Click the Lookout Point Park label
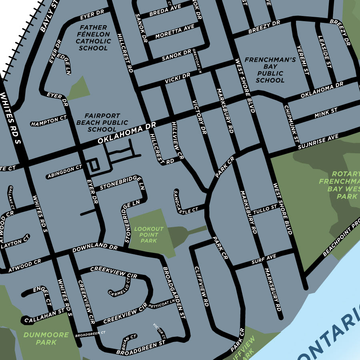click(148, 235)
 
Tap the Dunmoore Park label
click(40, 339)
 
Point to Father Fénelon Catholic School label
click(93, 38)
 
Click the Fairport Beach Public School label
click(102, 122)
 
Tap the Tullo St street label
click(265, 209)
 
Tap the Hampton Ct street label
click(49, 121)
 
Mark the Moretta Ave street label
click(174, 31)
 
